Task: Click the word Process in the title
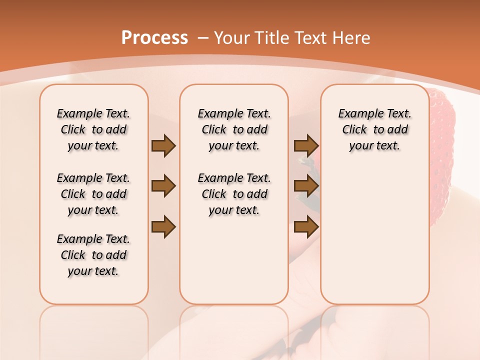coord(154,38)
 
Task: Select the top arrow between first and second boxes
coord(163,146)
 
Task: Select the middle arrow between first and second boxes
coord(163,186)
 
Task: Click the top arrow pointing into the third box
coord(306,146)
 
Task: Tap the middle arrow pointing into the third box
coord(306,186)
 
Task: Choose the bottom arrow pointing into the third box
coord(306,226)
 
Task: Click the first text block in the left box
coord(93,129)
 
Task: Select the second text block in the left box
coord(93,194)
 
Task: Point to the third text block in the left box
coord(93,255)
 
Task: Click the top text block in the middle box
coord(234,129)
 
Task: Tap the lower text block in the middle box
coord(234,194)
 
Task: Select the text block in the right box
coord(374,129)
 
